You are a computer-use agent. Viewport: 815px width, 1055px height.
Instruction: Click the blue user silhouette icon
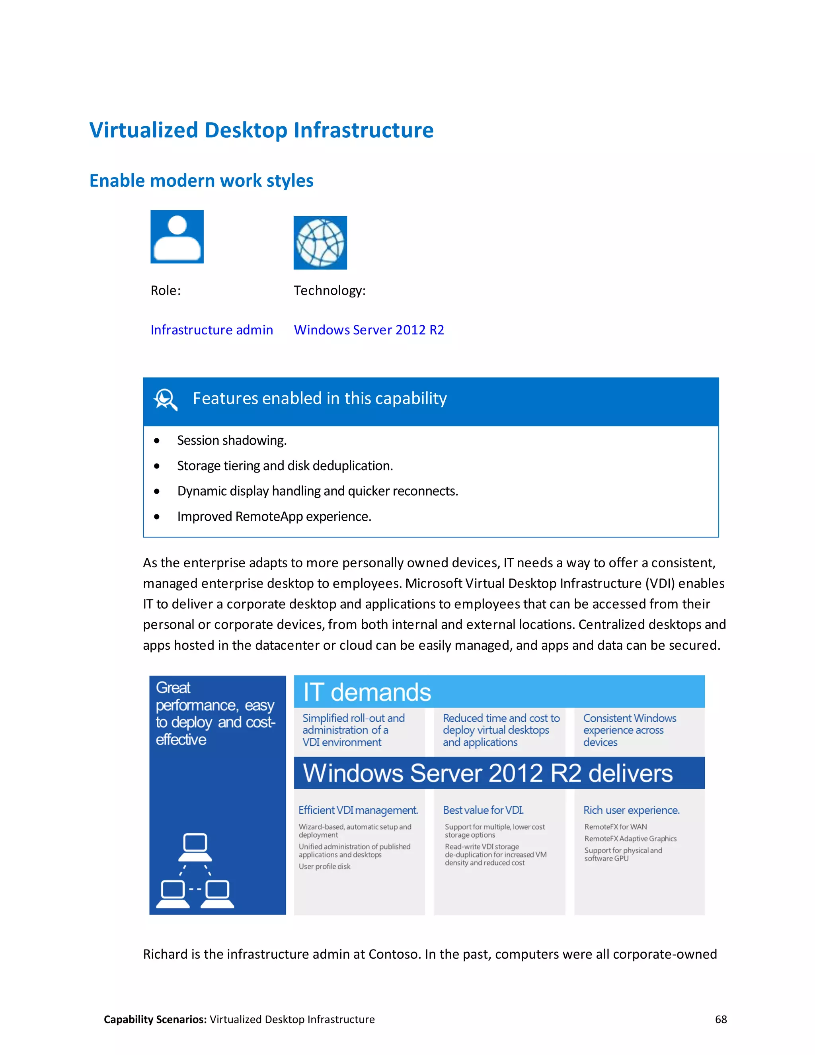tap(177, 237)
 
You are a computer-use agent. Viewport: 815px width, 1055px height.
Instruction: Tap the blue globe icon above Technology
tap(320, 242)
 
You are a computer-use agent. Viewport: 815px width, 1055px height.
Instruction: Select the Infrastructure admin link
tap(211, 330)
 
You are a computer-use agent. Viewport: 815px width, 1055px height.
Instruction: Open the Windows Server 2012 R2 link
tap(369, 330)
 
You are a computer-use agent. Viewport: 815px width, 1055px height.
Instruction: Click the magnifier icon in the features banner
tap(165, 399)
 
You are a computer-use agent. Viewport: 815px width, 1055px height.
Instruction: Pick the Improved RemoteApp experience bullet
tap(274, 516)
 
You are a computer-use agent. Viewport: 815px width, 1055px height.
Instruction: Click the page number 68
tap(720, 1019)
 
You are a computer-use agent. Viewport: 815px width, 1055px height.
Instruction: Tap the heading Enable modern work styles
tap(201, 181)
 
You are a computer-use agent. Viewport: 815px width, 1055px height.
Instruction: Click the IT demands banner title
tap(367, 692)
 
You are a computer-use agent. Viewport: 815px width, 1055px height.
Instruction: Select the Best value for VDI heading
tap(483, 810)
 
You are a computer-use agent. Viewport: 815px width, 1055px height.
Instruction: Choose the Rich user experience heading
tap(631, 810)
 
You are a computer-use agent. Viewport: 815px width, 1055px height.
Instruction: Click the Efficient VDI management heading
tap(358, 810)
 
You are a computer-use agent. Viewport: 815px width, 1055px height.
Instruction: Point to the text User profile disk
tap(324, 867)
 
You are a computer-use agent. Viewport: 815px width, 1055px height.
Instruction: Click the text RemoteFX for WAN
tap(615, 827)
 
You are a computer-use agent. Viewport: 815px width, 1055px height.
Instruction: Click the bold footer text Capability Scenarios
tap(155, 1019)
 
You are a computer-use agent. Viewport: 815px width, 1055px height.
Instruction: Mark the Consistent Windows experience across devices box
tap(638, 731)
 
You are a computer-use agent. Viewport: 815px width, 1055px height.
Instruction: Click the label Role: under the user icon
tap(166, 290)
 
